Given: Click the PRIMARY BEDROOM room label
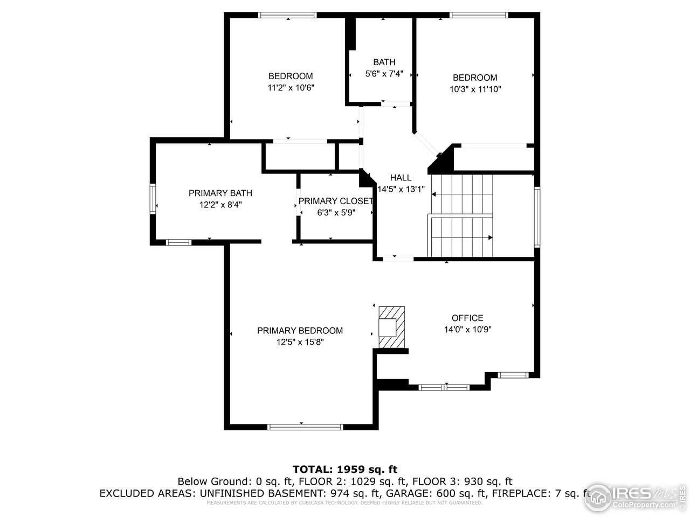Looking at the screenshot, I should point(300,331).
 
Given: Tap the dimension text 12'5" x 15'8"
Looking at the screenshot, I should point(300,342).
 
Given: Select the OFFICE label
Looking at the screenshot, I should point(467,318).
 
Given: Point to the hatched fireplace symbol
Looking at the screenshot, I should point(391,327).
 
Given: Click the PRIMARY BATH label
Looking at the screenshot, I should point(220,193).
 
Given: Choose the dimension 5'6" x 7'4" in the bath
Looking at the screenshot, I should point(384,74).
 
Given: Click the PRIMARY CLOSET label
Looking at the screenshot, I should point(335,201).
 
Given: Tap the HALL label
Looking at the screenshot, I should point(401,178).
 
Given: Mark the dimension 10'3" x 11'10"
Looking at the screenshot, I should point(475,89).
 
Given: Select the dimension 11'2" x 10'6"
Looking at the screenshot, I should point(291,87).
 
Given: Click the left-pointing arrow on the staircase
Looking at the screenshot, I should point(435,195).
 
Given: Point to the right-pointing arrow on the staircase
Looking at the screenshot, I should point(489,237).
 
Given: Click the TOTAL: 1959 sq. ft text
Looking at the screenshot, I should point(344,469).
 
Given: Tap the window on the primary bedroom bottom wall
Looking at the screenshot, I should point(305,427).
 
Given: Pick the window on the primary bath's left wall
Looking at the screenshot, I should point(153,199).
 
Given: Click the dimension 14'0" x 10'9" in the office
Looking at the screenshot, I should point(467,330).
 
